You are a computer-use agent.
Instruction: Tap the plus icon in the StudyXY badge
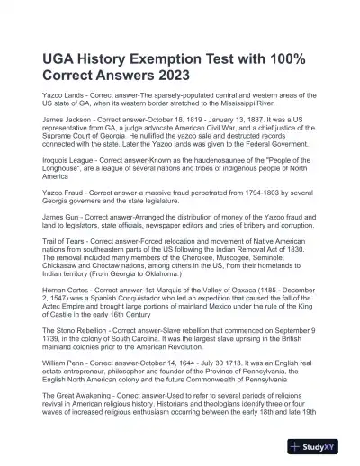pos(297,447)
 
